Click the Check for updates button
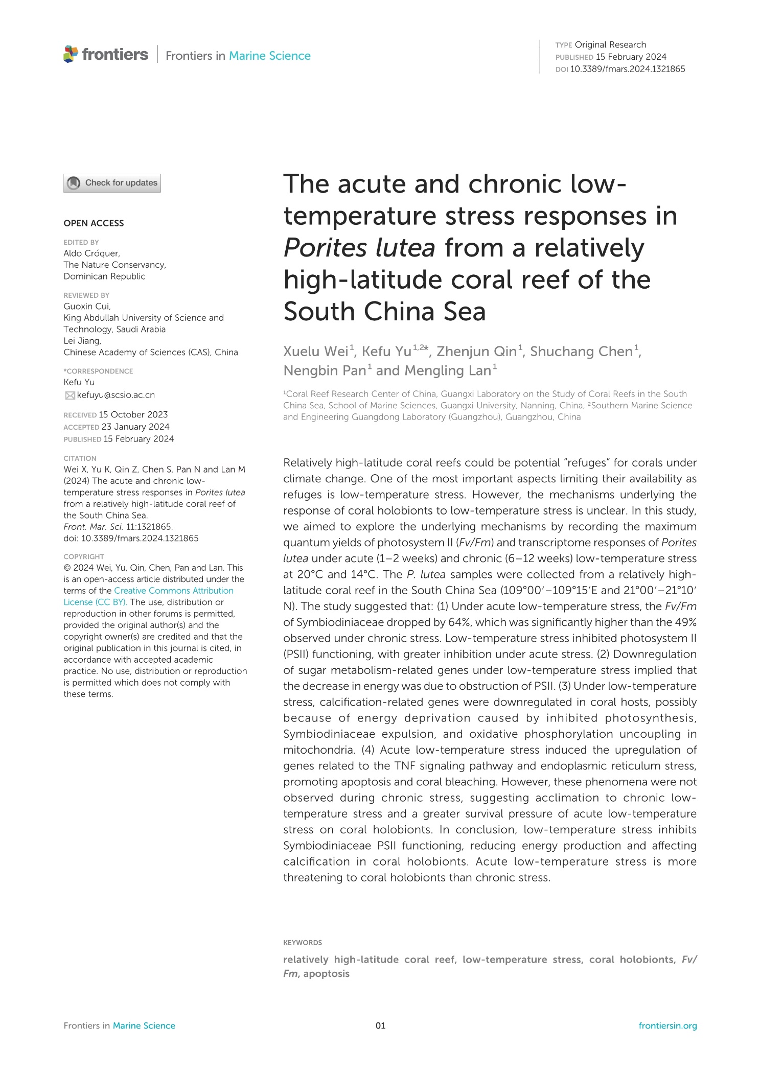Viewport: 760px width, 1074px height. [x=112, y=183]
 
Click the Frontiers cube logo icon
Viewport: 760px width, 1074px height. [x=71, y=54]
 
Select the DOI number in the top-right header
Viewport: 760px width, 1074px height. [x=627, y=69]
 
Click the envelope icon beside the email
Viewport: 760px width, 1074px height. [x=70, y=395]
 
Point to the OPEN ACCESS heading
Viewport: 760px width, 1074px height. [x=94, y=223]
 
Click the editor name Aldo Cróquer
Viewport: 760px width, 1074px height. [x=91, y=253]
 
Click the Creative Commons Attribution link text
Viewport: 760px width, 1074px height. [x=174, y=591]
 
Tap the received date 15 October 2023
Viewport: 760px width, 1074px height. [x=133, y=414]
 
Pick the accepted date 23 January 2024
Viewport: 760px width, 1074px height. [x=135, y=427]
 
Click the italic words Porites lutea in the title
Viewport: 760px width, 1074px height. [x=359, y=248]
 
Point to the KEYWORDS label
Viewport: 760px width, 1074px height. [x=303, y=943]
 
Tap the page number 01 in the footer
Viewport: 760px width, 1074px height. [x=380, y=1025]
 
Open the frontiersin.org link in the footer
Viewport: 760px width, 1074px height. [x=667, y=1025]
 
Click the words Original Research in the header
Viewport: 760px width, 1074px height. [x=610, y=45]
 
